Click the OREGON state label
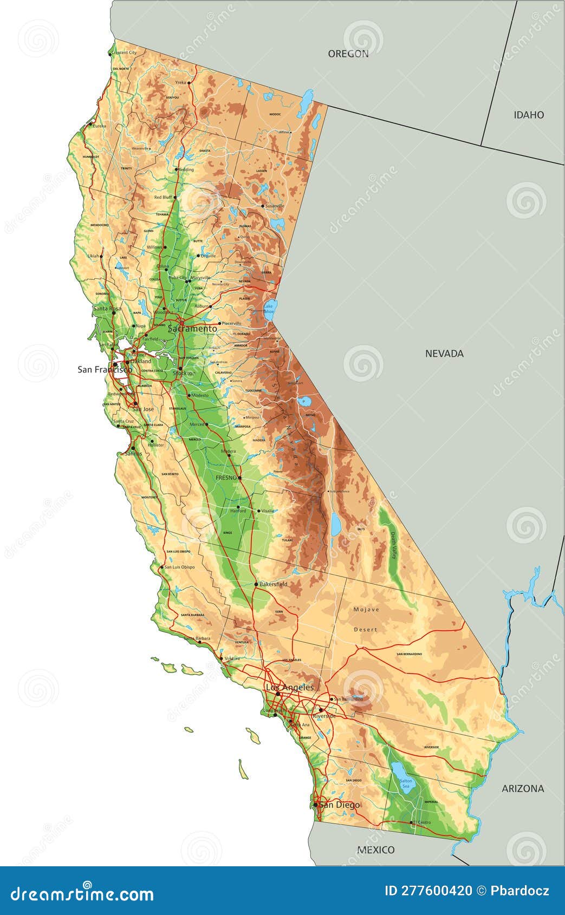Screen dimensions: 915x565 (348, 54)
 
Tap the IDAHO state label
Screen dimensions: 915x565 (529, 115)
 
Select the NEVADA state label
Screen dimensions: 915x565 (444, 354)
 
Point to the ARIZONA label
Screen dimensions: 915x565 (523, 788)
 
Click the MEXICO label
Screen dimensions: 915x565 (375, 849)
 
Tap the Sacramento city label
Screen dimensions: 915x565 (192, 329)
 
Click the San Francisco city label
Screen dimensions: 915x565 (105, 369)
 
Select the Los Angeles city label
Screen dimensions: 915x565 (289, 687)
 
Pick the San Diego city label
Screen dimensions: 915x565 (339, 805)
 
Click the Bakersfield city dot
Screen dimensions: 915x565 (256, 584)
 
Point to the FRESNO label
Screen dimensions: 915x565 (226, 478)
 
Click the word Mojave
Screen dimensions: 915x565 (366, 610)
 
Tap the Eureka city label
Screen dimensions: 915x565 (99, 126)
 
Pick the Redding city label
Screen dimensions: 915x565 (186, 169)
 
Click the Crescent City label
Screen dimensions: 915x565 (124, 53)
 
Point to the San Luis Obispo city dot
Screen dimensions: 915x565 (162, 567)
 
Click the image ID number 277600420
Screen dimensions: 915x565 (428, 890)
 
